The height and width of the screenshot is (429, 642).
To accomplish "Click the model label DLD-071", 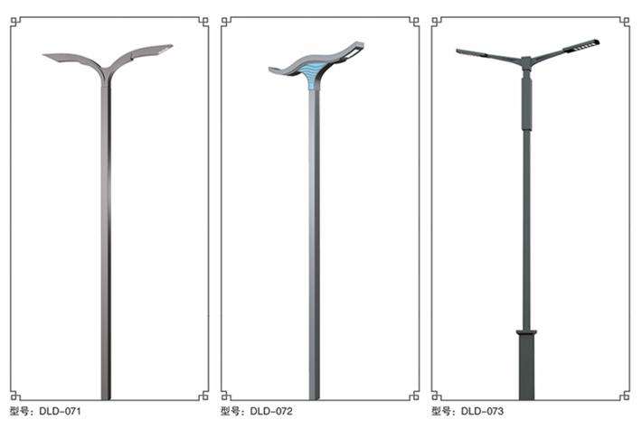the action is coord(61,411).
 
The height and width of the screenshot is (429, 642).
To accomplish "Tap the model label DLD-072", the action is coord(271,411).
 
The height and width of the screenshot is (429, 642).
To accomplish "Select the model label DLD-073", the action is coord(482,411).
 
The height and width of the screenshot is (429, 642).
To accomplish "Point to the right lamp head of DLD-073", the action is coord(581,45).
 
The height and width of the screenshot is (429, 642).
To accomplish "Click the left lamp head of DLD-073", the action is coord(471,52).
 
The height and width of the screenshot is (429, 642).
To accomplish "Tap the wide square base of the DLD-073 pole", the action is coord(526,365).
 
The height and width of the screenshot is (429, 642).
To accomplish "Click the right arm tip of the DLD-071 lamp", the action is coord(173,45).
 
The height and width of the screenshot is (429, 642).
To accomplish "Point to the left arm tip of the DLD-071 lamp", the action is coord(43,55).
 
